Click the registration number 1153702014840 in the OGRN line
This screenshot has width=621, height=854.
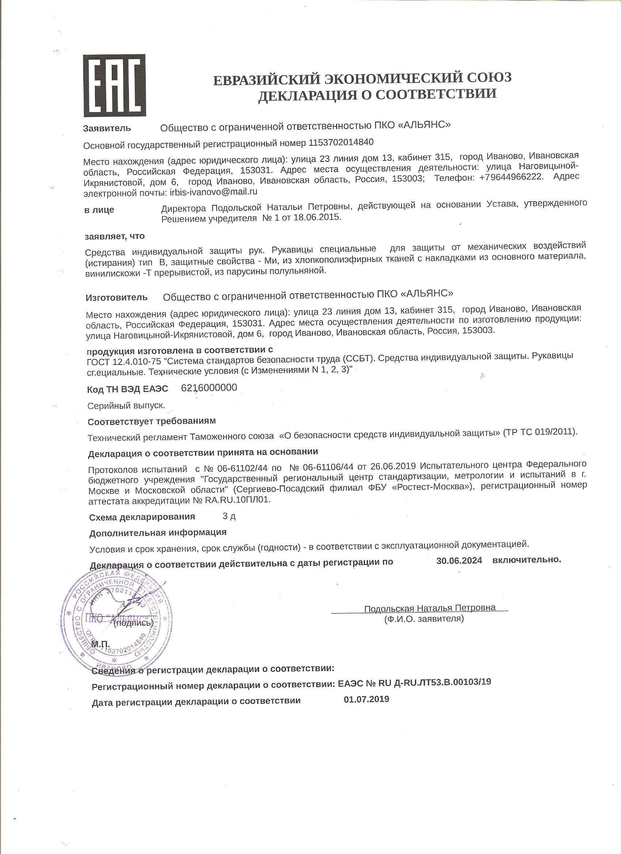[x=341, y=142]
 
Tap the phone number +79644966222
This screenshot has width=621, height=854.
[x=511, y=177]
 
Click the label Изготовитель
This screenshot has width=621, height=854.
[x=117, y=297]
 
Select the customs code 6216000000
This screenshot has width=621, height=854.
[x=209, y=388]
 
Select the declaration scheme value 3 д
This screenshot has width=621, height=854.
[x=229, y=516]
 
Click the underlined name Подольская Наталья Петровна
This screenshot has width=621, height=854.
[x=430, y=608]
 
